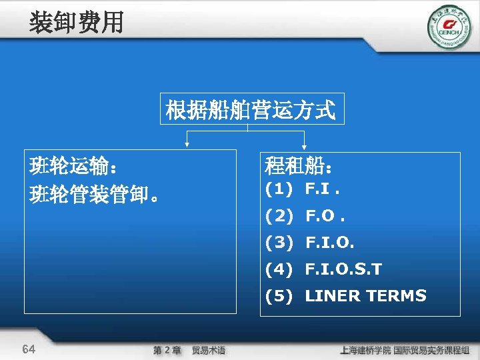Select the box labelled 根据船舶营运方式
pyautogui.click(x=251, y=109)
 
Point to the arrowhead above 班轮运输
pyautogui.click(x=187, y=142)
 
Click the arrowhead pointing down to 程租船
pyautogui.click(x=305, y=142)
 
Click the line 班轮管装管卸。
pyautogui.click(x=94, y=195)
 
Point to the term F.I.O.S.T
pyautogui.click(x=343, y=269)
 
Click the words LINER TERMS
pyautogui.click(x=365, y=296)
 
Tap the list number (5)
pyautogui.click(x=279, y=296)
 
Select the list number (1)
pyautogui.click(x=279, y=189)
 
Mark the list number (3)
pyautogui.click(x=279, y=243)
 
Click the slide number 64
pyautogui.click(x=29, y=349)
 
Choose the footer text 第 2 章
pyautogui.click(x=167, y=350)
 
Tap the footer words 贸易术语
pyautogui.click(x=209, y=350)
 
